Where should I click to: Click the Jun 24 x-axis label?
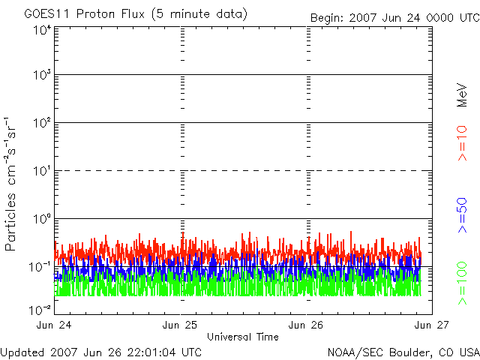coord(55,325)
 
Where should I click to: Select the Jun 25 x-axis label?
coord(181,325)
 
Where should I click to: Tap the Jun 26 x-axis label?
coord(307,325)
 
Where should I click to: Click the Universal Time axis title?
coord(243,337)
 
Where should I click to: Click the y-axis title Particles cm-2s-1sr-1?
coord(12,183)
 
